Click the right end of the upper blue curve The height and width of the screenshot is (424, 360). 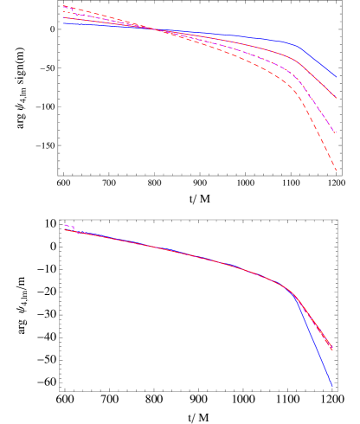(x=337, y=78)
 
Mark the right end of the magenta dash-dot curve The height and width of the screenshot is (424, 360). (x=336, y=133)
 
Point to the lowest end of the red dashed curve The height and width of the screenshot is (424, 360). (x=337, y=171)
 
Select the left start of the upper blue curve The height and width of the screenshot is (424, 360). (x=63, y=23)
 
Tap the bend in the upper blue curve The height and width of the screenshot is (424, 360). (x=297, y=45)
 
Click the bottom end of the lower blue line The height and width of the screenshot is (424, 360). (x=332, y=387)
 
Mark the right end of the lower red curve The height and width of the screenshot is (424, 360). (x=333, y=350)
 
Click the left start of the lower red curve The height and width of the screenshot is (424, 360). (x=64, y=229)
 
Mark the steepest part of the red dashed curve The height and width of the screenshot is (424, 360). (x=320, y=130)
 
